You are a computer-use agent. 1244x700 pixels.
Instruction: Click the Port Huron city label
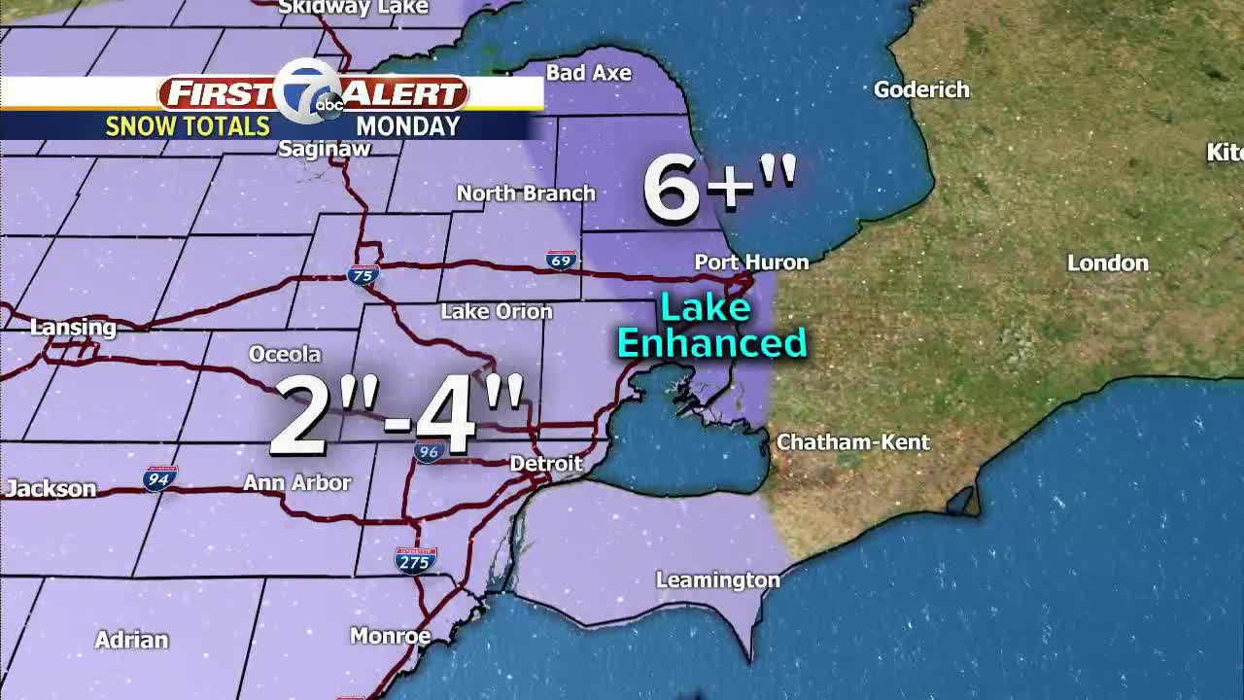(751, 262)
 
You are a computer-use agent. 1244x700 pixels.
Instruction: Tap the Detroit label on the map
(546, 464)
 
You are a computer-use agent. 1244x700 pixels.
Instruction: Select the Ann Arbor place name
(296, 482)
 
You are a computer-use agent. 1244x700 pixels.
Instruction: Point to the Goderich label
(921, 90)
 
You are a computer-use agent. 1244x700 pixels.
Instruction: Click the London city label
(1107, 263)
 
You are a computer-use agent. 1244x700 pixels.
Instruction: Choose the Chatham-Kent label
(852, 442)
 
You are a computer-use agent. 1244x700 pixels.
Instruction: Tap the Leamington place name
(717, 580)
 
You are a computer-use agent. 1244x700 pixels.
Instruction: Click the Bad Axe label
(588, 73)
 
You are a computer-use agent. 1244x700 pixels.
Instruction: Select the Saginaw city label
(325, 149)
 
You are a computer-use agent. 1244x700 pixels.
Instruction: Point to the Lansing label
(73, 328)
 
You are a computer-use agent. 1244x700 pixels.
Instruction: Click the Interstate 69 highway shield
(561, 260)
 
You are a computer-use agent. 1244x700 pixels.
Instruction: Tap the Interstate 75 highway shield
(362, 276)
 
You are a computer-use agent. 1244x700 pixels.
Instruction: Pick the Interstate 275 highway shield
(415, 561)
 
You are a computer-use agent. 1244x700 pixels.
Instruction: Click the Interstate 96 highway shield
(429, 451)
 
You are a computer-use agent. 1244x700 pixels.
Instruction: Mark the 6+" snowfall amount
(719, 187)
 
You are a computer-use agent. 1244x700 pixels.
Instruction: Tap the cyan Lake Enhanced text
(711, 327)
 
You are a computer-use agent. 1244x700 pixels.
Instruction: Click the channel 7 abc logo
(311, 93)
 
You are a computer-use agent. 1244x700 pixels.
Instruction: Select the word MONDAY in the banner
(407, 126)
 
